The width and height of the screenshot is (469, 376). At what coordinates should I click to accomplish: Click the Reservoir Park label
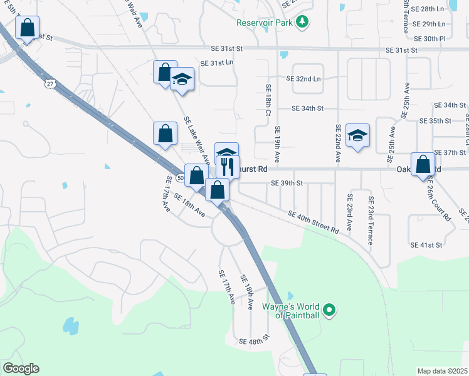[266, 23]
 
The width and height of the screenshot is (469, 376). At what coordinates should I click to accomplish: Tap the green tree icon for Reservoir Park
[302, 23]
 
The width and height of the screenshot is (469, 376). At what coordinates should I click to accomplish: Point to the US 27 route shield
[50, 83]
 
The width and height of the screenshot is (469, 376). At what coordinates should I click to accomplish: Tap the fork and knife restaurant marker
[227, 167]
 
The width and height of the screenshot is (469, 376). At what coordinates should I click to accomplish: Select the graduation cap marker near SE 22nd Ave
[357, 135]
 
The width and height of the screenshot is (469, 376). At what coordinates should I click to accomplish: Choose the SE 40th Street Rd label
[314, 222]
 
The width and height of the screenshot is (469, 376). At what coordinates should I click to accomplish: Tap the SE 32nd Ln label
[303, 79]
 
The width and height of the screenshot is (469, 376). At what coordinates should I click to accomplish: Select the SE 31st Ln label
[216, 63]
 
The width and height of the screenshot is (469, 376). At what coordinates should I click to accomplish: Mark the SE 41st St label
[426, 244]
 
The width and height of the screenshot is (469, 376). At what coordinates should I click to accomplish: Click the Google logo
[21, 368]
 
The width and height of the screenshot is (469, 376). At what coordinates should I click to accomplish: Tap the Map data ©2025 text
[441, 371]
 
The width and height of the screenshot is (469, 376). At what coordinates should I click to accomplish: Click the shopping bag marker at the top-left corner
[27, 28]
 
